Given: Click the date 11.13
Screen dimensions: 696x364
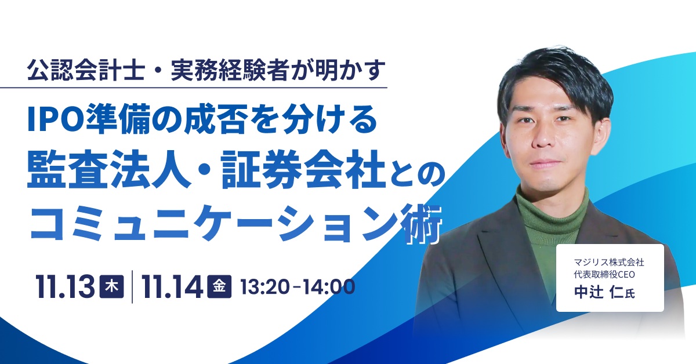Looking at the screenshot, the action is (65, 287).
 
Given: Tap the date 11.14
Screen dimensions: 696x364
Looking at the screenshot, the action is (172, 287).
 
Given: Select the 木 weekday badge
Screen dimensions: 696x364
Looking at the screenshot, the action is (111, 286).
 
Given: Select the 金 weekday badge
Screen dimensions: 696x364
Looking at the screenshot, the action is (219, 286).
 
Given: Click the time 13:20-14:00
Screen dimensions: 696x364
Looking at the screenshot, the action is (298, 287).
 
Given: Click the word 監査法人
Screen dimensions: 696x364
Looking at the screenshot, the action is (109, 169).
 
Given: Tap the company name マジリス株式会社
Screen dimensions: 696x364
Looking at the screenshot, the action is (609, 263).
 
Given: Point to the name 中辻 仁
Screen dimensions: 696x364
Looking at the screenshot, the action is (600, 292).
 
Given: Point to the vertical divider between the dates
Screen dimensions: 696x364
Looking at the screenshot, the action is (132, 287).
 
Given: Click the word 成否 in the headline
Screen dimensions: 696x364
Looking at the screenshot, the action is (216, 119).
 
